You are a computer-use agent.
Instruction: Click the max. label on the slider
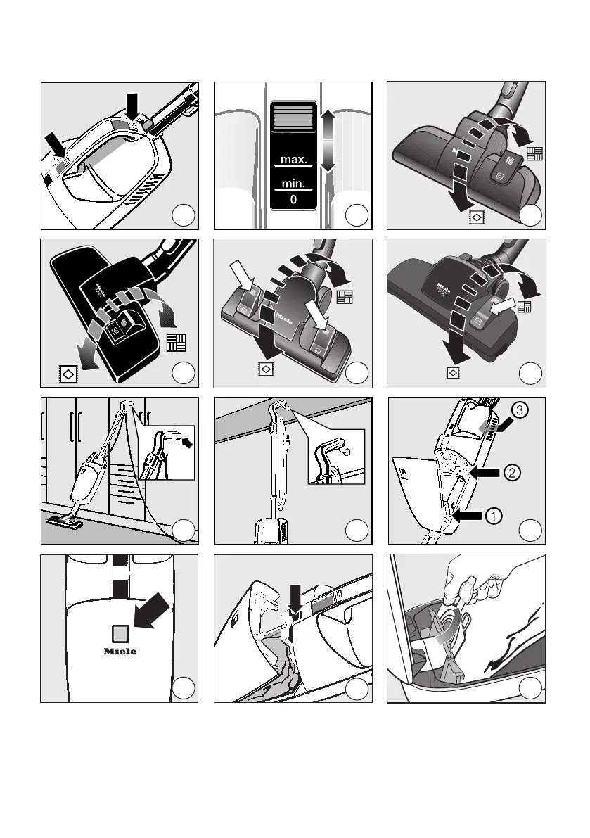(293, 160)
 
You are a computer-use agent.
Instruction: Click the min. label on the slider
(293, 185)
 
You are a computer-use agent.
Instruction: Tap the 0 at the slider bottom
(293, 199)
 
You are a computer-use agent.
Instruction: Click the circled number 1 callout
(495, 516)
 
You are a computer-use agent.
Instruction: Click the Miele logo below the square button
(120, 651)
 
